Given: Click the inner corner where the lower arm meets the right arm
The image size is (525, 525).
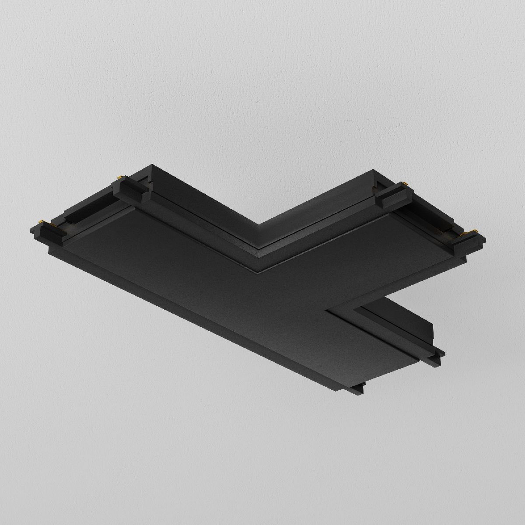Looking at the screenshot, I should point(327,311).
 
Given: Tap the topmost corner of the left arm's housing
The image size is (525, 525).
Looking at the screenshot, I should point(152,165).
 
